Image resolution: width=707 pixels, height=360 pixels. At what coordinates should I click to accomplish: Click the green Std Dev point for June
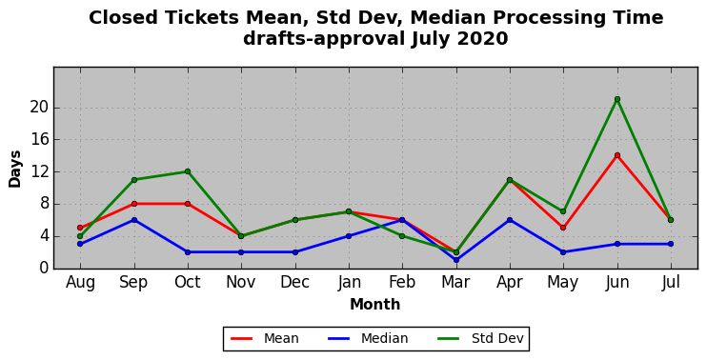click(617, 99)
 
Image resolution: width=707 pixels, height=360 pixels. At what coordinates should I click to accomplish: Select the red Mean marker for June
click(617, 155)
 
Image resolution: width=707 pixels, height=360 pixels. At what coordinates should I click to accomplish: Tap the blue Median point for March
click(456, 260)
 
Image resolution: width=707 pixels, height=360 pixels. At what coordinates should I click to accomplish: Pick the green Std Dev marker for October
click(188, 171)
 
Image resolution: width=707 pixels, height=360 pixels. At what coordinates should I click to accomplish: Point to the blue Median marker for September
click(134, 220)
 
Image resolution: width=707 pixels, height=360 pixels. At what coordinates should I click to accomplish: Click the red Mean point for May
click(563, 228)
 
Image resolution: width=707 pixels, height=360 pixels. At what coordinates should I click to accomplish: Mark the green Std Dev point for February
click(402, 236)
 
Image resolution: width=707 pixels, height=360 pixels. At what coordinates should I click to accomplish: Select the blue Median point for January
click(349, 236)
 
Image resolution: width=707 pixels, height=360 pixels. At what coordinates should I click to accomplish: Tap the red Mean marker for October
click(188, 204)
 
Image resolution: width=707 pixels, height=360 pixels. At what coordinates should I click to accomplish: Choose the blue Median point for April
click(510, 220)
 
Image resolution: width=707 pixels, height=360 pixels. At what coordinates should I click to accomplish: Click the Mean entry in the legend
click(265, 338)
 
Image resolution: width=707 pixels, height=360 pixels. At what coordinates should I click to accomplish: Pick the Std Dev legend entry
click(480, 338)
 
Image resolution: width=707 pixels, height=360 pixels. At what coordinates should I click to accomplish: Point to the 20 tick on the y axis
click(40, 109)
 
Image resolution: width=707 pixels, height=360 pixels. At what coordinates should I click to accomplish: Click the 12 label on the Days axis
click(40, 172)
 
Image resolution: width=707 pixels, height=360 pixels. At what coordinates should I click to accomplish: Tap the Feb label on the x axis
click(402, 282)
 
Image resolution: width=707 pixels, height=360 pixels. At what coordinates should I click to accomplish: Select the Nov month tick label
click(241, 282)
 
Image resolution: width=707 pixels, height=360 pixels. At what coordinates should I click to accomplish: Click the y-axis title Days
click(15, 169)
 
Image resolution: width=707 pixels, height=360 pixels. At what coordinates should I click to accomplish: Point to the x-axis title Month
click(375, 305)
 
